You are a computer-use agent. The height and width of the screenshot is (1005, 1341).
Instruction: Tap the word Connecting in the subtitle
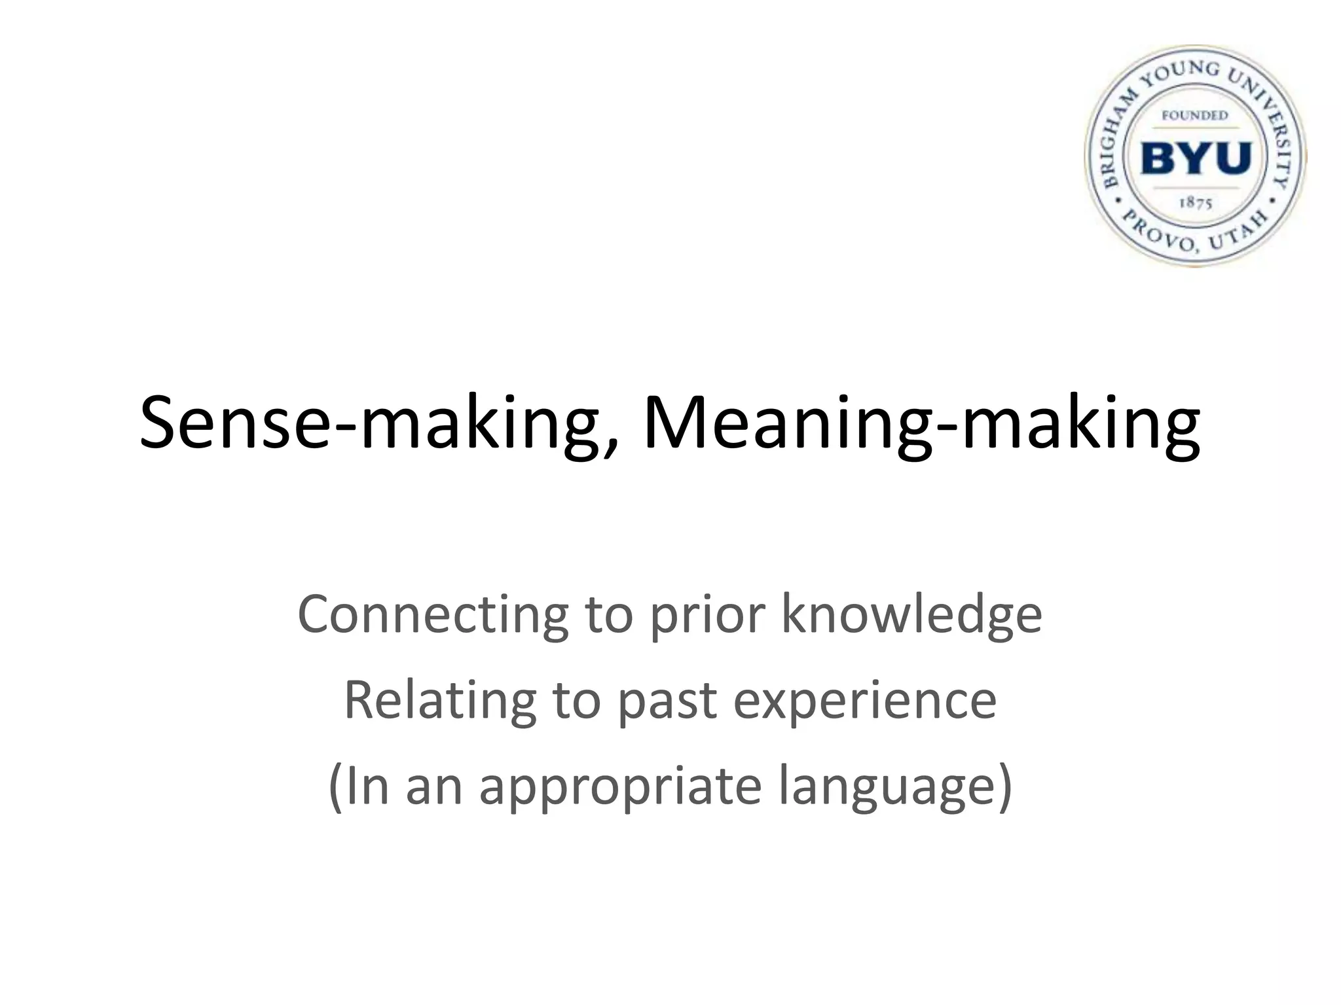click(433, 615)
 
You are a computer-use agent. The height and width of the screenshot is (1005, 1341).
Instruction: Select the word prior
click(707, 615)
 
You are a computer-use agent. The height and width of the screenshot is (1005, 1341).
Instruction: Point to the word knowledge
click(911, 615)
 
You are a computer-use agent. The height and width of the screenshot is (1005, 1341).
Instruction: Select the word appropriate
click(620, 787)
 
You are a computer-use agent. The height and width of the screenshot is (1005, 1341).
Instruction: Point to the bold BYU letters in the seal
click(1196, 158)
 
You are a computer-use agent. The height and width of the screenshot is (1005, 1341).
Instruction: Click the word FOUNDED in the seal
click(1195, 116)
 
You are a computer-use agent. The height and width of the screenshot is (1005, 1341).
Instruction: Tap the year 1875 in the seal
click(1196, 203)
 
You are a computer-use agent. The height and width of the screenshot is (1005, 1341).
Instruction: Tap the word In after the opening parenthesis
click(367, 787)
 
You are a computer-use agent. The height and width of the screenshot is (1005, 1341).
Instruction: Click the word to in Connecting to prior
click(608, 615)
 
